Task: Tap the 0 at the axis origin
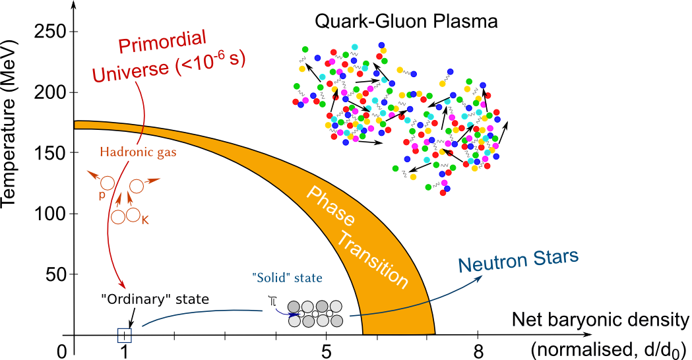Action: pos(62,351)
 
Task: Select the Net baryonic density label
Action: pos(600,321)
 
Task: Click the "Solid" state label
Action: pos(287,278)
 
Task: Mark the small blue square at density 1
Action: pos(125,335)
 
